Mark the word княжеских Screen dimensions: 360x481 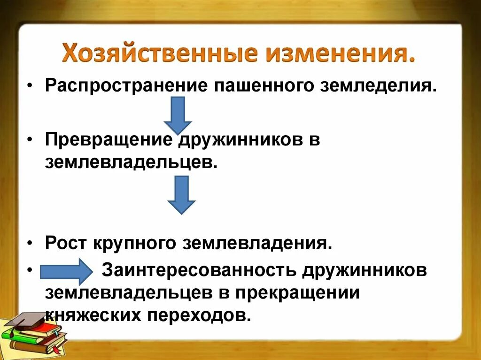(93, 314)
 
